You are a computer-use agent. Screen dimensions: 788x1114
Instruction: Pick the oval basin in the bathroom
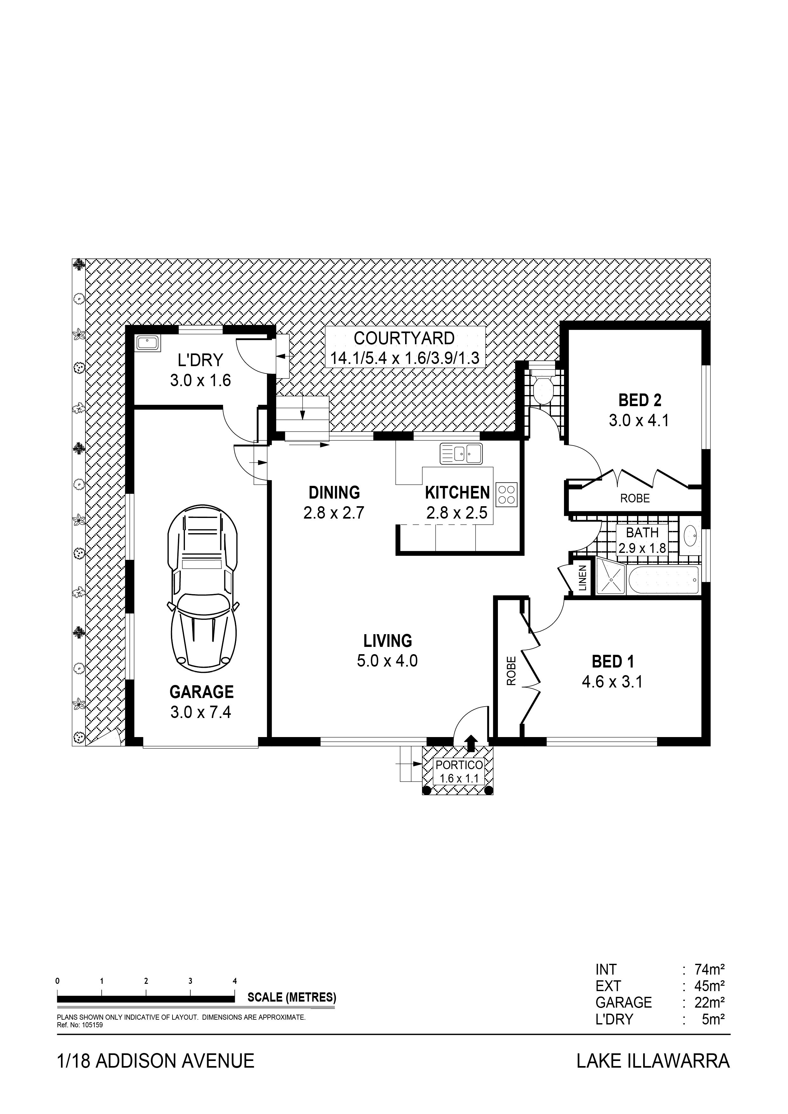click(690, 536)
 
